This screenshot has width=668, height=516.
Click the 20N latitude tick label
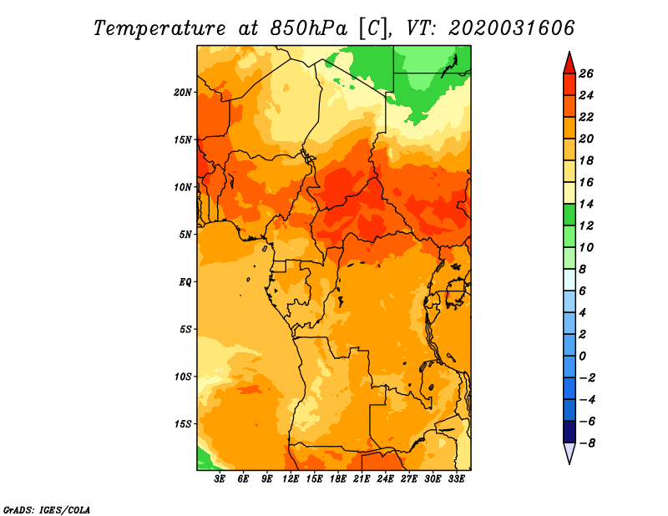(x=183, y=93)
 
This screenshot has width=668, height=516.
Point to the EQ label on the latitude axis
(x=185, y=282)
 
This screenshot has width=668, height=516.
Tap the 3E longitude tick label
(x=220, y=479)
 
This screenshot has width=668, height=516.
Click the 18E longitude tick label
(x=338, y=479)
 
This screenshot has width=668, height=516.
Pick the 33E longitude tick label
(x=456, y=479)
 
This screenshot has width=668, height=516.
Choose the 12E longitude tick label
(x=291, y=479)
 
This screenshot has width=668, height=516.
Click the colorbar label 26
(x=586, y=73)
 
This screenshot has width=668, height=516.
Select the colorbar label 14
(x=586, y=204)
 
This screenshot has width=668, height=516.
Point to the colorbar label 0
(x=583, y=357)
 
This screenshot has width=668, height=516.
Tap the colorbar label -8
(x=587, y=443)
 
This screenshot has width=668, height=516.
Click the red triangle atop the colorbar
(x=569, y=64)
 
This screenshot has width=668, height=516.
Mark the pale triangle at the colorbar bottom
(x=569, y=453)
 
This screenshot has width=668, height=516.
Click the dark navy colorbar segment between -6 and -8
(x=569, y=432)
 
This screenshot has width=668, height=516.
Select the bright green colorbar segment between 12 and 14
(x=569, y=215)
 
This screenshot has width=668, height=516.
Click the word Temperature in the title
(x=159, y=28)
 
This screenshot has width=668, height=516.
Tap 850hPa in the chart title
(x=308, y=28)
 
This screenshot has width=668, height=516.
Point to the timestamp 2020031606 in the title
(x=511, y=28)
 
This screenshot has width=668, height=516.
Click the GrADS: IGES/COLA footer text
(x=47, y=509)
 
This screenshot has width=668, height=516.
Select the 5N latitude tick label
(x=185, y=235)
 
